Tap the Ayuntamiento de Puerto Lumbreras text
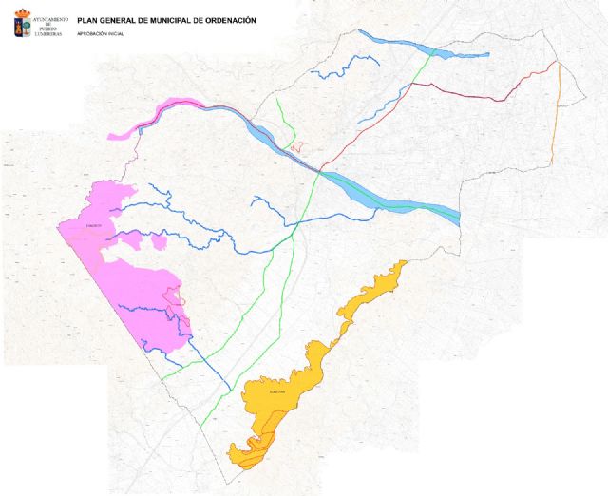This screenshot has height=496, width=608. pyautogui.click(x=51, y=26)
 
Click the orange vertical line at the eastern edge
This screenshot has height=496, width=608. pyautogui.click(x=557, y=114)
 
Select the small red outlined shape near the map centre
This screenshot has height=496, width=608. pyautogui.click(x=297, y=146)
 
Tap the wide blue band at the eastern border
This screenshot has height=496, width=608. pyautogui.click(x=418, y=207)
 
